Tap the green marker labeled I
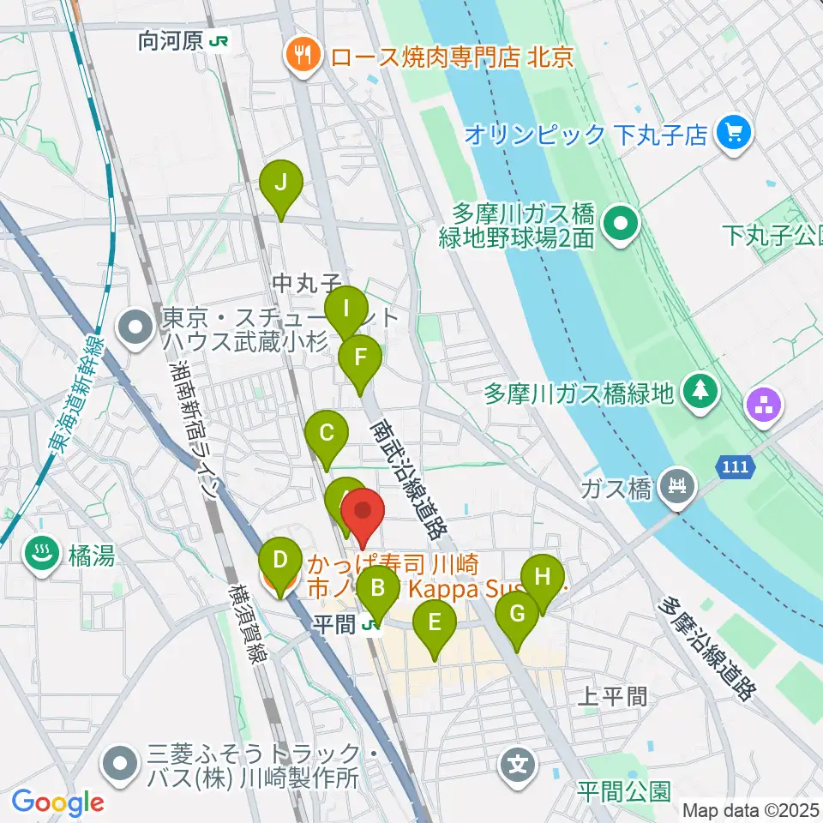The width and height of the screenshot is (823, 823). (x=346, y=309)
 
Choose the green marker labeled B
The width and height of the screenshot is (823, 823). (x=376, y=590)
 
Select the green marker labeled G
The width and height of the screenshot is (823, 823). (x=517, y=615)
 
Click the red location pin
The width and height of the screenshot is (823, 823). (x=363, y=514)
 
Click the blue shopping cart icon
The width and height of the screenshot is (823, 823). (x=736, y=133)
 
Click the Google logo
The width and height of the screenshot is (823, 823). (x=57, y=802)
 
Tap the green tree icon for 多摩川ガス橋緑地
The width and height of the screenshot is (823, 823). (x=701, y=393)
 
